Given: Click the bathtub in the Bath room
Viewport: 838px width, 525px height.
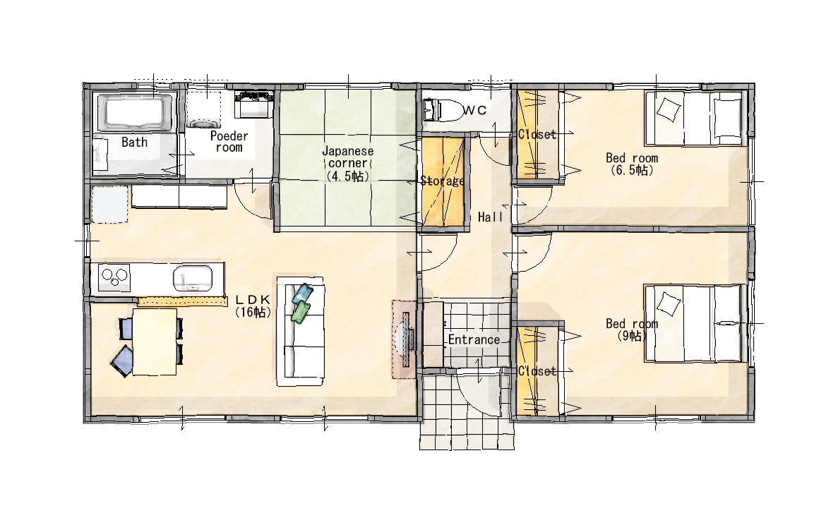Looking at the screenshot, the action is (138, 113).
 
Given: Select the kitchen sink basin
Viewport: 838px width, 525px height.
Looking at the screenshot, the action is (192, 278).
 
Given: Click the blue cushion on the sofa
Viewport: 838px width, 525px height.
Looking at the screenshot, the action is (302, 294).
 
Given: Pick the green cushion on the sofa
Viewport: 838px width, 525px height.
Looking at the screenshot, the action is (301, 311).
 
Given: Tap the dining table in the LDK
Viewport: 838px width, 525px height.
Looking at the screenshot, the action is (155, 342).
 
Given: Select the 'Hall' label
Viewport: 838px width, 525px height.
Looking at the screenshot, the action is (490, 217).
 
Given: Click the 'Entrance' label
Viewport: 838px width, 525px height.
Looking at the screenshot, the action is (474, 339).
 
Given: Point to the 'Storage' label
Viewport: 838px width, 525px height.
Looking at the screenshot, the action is (442, 181).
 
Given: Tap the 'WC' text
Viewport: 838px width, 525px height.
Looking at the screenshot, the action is (474, 110).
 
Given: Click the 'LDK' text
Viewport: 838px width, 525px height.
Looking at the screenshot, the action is (253, 300).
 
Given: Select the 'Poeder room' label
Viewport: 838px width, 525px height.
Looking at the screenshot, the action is (229, 142).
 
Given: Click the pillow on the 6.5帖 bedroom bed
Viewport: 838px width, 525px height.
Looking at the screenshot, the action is (669, 109).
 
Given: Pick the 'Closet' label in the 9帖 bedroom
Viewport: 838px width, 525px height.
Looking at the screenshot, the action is (537, 370).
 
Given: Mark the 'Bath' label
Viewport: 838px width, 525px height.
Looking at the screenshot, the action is (134, 142).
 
